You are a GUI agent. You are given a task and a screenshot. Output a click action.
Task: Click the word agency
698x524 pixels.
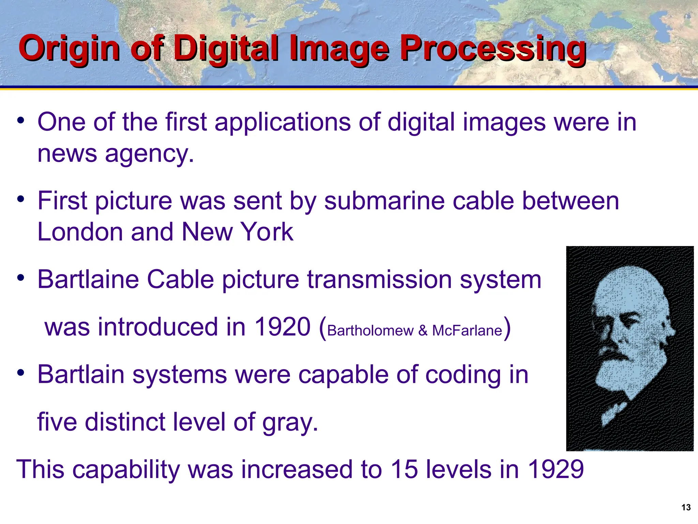point(149,154)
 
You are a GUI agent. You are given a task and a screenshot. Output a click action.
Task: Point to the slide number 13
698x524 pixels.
point(686,507)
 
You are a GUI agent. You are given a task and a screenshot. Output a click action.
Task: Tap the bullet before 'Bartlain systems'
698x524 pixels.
point(21,373)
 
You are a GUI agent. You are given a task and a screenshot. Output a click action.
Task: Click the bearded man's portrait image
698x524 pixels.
point(630,348)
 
